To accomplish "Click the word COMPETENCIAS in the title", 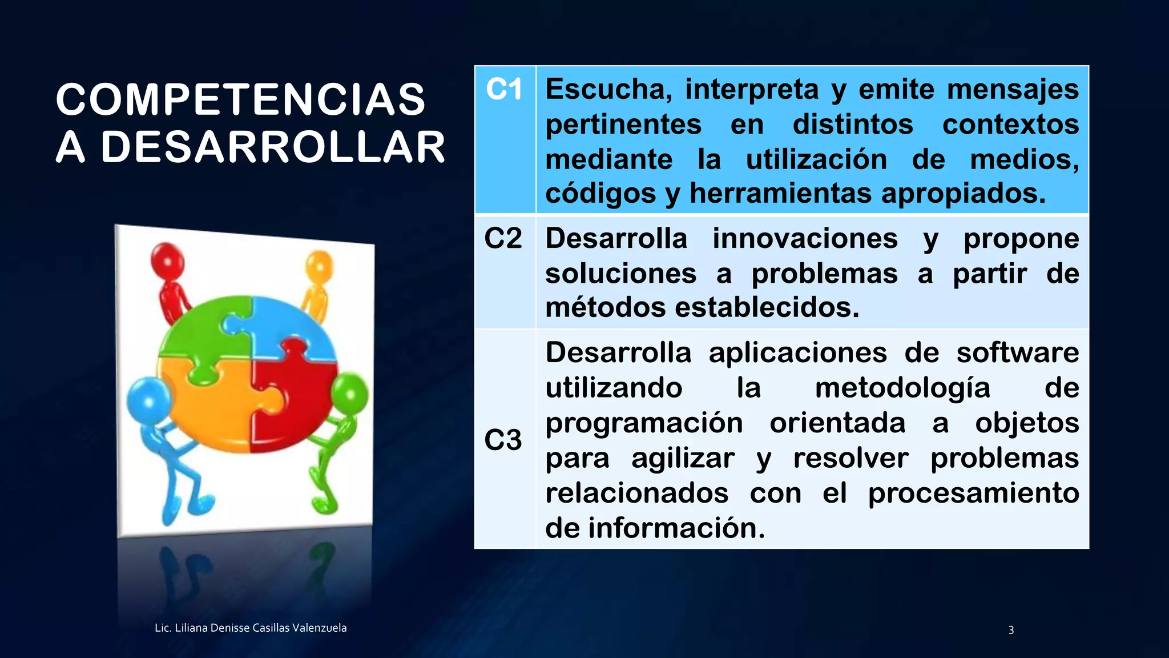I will click(240, 100).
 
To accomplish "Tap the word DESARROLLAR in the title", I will click(273, 147).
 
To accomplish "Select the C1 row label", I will click(503, 90).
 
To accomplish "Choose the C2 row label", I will click(503, 238).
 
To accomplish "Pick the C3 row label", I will click(503, 440).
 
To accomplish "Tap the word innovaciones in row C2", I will click(805, 238).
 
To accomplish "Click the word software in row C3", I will click(1017, 352).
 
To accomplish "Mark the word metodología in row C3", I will click(902, 388).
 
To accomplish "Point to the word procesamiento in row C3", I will click(973, 493).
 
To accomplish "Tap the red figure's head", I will click(167, 260).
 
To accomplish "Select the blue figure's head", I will click(148, 398).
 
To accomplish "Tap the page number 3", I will click(1011, 630).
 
